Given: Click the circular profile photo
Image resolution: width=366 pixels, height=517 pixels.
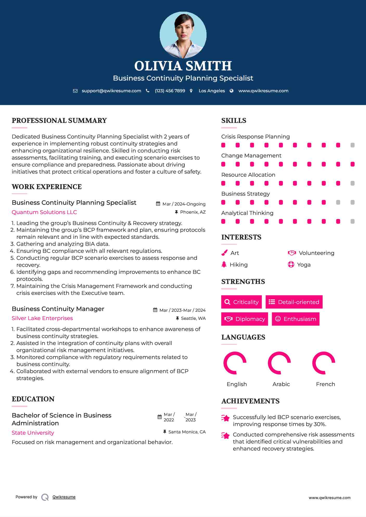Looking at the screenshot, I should coord(183,35).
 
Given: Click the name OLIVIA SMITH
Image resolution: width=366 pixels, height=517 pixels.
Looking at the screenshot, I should coord(183,66).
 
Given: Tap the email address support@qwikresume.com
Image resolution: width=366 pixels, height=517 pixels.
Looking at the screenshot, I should coord(111,91).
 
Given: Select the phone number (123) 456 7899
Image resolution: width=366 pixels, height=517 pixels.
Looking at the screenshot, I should coord(170,91).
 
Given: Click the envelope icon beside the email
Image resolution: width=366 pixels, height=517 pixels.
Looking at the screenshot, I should coord(75,91).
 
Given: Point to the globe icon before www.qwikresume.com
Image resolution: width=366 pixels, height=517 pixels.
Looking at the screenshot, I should coord(232,91).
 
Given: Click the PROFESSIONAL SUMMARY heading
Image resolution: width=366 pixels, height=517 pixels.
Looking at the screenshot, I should coord(59,121).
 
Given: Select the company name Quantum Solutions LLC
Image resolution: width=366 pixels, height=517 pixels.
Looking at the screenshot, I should coord(44,212).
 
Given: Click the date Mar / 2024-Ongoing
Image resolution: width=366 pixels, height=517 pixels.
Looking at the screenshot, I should coord(184,204).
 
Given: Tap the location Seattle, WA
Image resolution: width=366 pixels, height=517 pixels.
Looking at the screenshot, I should coord(193,319).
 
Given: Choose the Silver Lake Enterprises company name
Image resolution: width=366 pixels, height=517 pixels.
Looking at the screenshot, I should coord(42,318).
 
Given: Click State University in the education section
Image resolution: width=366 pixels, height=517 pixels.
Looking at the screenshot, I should coord(33,433).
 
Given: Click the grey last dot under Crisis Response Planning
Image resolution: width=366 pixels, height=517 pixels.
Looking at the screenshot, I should coord(352,145).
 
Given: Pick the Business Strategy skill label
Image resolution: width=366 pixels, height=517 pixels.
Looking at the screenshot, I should coord(245,194).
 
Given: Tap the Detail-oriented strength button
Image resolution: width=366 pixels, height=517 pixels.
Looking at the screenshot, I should coord(294,302).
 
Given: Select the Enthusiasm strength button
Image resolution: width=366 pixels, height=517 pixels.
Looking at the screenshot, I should coord(296,319).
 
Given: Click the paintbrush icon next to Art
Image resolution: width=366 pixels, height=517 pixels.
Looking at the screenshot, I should coord(224,253).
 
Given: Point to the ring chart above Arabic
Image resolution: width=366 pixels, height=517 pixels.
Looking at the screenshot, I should coord(279,363).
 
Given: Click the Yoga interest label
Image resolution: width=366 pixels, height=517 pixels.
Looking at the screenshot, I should coord(304,265).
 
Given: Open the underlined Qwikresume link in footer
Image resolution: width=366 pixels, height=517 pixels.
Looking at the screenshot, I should coord(64,497).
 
